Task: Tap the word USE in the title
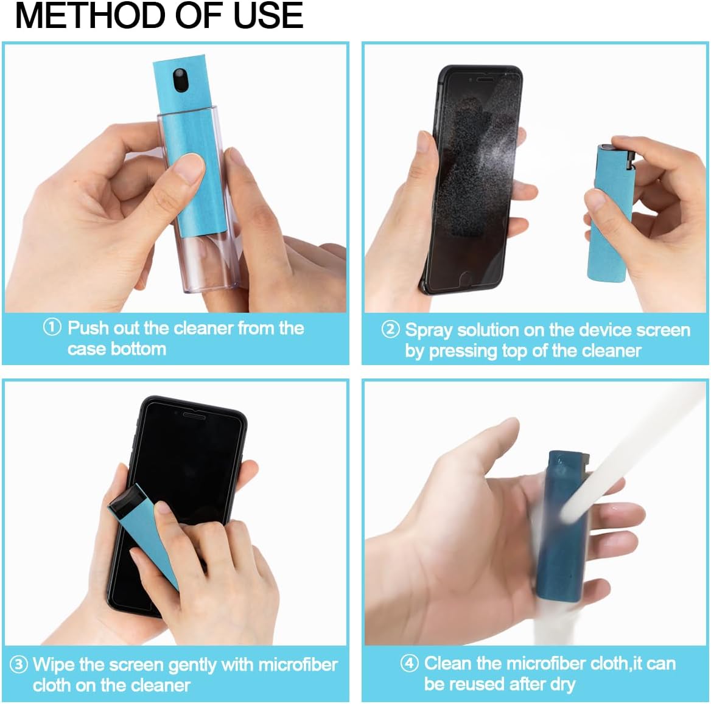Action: [268, 16]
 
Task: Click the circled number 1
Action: [52, 327]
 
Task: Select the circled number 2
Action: [390, 329]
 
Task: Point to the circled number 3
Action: [19, 664]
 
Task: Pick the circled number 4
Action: [409, 663]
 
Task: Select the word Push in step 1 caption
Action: [89, 328]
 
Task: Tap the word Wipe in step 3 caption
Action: [54, 664]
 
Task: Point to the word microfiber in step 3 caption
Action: [298, 664]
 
